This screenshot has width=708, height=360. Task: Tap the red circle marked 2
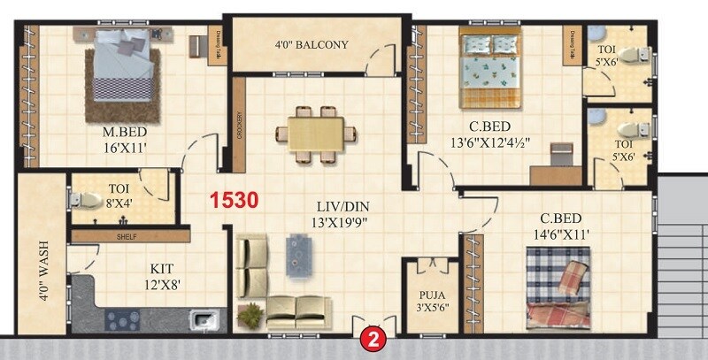[373, 338]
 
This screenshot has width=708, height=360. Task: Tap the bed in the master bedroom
[123, 70]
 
